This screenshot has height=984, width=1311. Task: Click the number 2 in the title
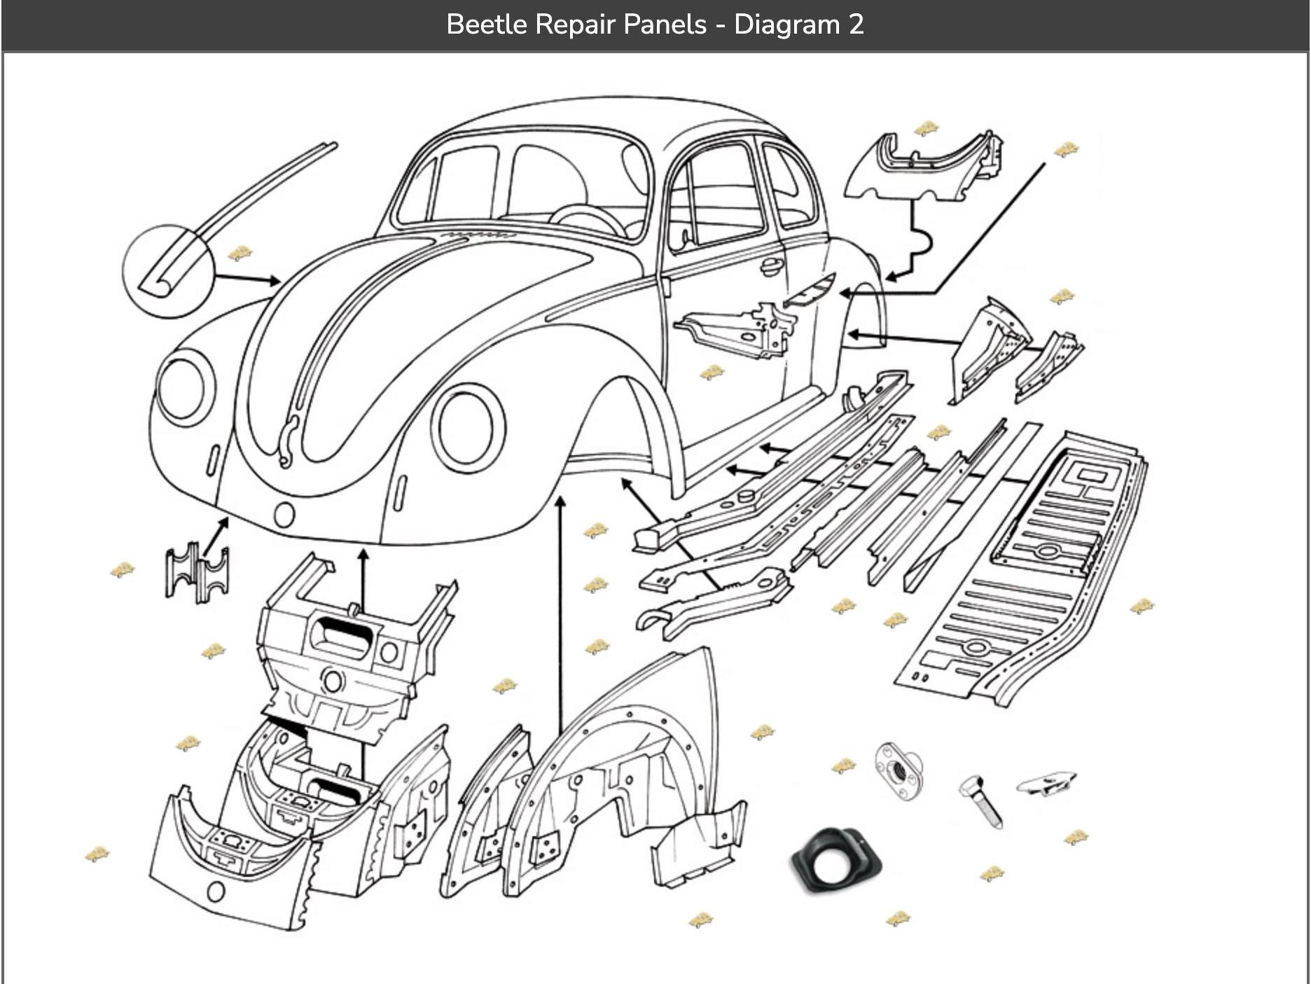point(856,25)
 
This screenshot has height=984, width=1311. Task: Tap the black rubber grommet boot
point(836,861)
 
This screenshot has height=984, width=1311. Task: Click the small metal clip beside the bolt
point(1046,784)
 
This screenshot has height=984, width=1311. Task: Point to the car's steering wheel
point(588,219)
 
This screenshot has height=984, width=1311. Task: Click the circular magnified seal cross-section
point(167,272)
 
